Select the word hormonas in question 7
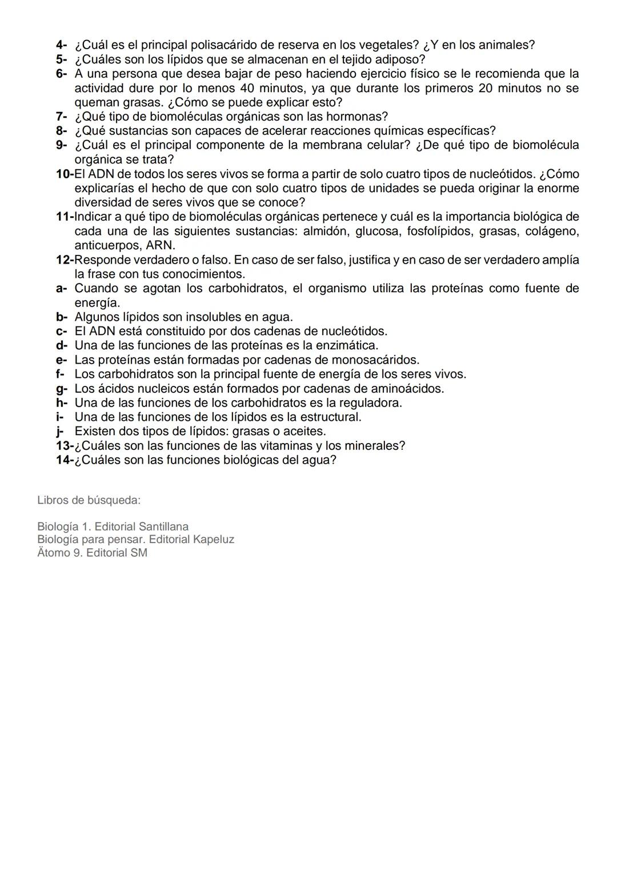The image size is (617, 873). click(360, 117)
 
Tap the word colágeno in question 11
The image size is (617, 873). click(549, 231)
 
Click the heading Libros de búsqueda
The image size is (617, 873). click(89, 500)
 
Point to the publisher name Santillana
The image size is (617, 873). click(159, 527)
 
